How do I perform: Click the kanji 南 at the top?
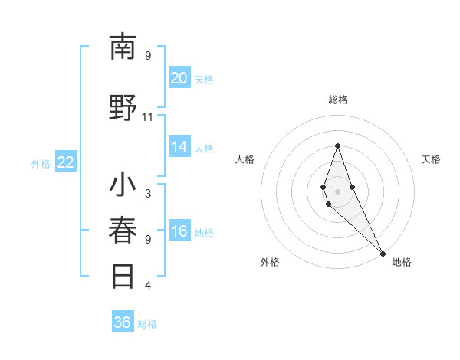click(123, 47)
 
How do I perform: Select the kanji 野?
click(123, 110)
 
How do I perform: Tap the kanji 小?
click(123, 186)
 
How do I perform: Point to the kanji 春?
click(123, 231)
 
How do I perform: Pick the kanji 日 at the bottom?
click(123, 277)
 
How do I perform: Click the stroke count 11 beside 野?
click(147, 117)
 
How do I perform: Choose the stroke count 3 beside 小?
click(147, 194)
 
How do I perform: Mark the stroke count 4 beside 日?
click(147, 286)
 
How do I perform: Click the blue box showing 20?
click(179, 78)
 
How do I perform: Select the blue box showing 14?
click(179, 147)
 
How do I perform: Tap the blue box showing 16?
click(179, 231)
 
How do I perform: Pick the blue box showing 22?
click(66, 162)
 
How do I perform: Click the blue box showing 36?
click(123, 322)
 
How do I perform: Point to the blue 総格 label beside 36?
click(147, 324)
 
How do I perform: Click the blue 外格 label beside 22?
click(41, 163)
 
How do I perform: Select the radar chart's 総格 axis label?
click(338, 100)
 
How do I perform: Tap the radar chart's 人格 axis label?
click(245, 159)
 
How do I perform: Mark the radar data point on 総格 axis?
click(337, 146)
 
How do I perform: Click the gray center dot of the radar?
click(337, 191)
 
